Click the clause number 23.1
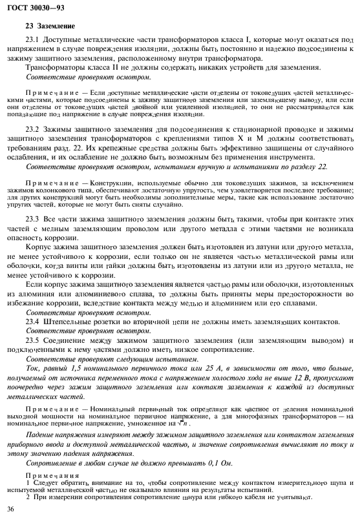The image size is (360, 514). coord(32,40)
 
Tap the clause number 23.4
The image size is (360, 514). coord(32,320)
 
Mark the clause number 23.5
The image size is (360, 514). coord(32,340)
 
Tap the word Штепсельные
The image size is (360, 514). coord(68,320)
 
